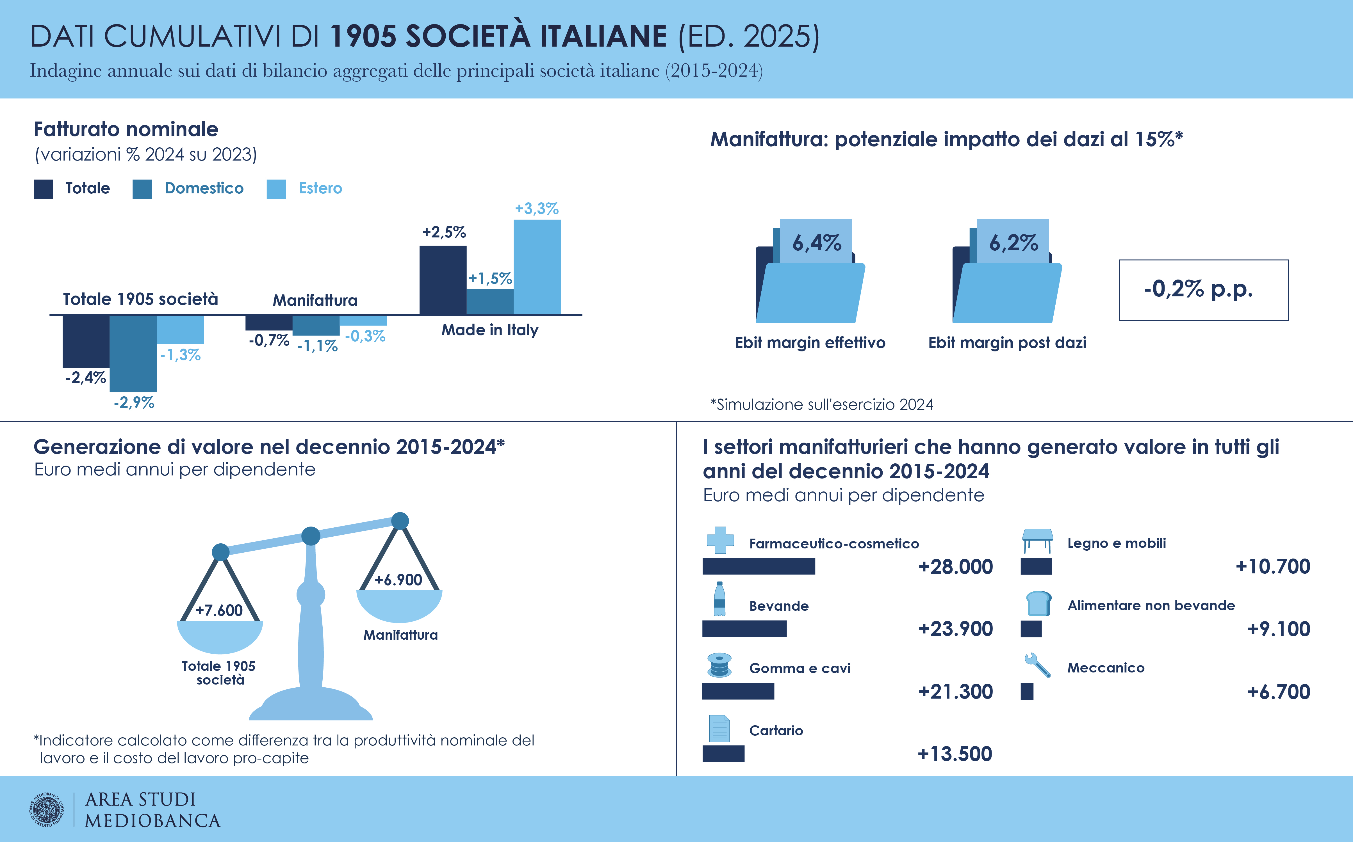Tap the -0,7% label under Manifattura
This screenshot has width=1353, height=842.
(x=268, y=340)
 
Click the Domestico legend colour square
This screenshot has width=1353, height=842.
(x=142, y=189)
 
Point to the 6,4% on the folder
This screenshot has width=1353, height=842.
(x=817, y=243)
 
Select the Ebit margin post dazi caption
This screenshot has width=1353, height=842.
(x=1006, y=342)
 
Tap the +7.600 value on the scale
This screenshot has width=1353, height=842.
(x=219, y=610)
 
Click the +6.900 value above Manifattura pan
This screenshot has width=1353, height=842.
(x=398, y=580)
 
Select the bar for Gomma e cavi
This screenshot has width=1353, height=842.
(x=738, y=691)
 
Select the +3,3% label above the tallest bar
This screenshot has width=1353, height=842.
(x=536, y=209)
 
